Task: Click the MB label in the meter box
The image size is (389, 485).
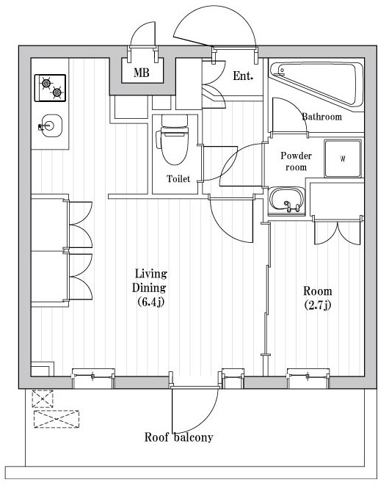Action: click(142, 73)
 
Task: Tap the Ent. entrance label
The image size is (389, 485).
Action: click(243, 76)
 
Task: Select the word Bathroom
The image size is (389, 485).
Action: click(322, 117)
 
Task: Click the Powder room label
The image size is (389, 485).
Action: click(297, 161)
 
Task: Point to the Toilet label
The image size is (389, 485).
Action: click(178, 178)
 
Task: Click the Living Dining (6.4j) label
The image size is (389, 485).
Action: click(150, 288)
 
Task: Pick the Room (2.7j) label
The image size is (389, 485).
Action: click(318, 298)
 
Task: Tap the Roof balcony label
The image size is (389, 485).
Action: click(179, 437)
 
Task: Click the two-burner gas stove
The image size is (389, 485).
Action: click(50, 88)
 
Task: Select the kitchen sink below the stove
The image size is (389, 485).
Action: click(51, 125)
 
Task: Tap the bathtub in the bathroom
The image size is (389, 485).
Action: click(316, 83)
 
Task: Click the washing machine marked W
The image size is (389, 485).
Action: click(343, 158)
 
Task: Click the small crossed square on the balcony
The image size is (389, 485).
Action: click(43, 398)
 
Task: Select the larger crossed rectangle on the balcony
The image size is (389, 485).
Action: click(57, 419)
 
